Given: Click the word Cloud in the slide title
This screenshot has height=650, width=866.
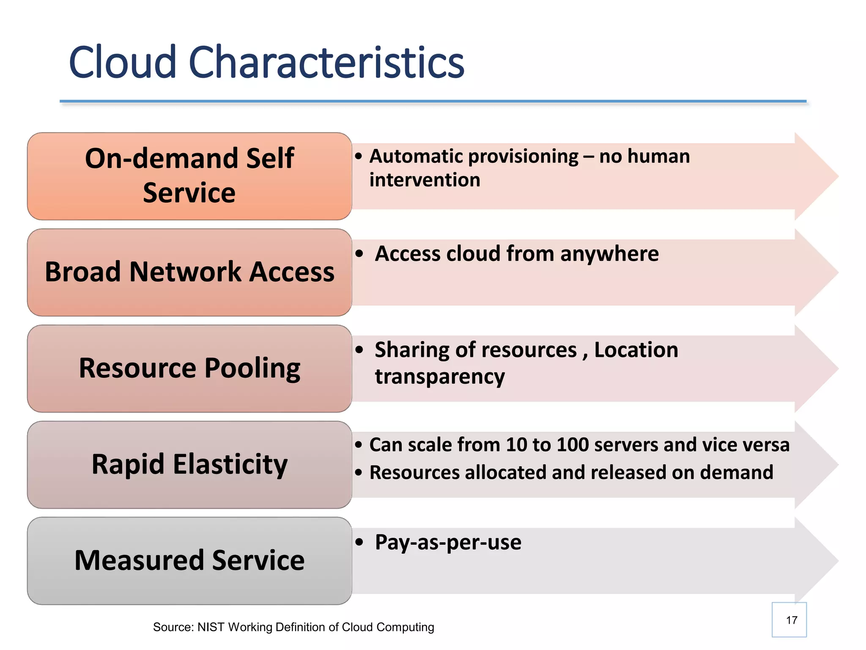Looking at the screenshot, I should (x=122, y=63).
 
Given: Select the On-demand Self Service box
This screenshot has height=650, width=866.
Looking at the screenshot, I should (x=189, y=176).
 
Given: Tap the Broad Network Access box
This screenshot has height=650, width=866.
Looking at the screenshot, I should (x=189, y=272).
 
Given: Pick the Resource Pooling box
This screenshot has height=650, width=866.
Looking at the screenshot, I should (x=189, y=368).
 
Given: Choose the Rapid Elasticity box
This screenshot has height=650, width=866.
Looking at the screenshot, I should (x=189, y=464).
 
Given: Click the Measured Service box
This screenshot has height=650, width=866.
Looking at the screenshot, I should (x=189, y=560).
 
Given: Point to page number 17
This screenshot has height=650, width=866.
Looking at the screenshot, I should (x=792, y=620).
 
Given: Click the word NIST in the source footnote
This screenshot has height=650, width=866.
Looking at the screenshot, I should (x=211, y=627).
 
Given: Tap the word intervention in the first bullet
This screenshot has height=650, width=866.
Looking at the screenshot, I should (x=425, y=180).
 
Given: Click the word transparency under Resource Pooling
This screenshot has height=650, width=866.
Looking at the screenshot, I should (x=440, y=376).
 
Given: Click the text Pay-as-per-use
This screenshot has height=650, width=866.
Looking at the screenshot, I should (x=448, y=542).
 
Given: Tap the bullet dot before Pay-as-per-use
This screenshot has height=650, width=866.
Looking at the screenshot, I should (x=359, y=542).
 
